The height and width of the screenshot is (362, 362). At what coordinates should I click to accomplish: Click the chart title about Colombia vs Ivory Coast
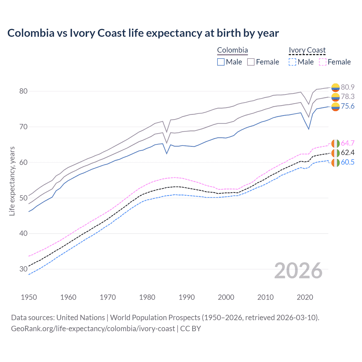coord(143,33)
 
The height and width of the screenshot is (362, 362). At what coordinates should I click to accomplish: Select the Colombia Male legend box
coord(221,62)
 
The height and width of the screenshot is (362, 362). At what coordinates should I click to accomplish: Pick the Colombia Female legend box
coord(251,62)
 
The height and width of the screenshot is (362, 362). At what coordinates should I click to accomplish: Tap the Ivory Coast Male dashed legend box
coord(292,62)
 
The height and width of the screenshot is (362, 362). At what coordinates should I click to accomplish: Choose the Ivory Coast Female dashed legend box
coord(323,62)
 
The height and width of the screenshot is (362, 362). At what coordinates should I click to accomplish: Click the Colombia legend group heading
coord(232,50)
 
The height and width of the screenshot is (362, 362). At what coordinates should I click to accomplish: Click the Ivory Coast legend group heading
coord(307,50)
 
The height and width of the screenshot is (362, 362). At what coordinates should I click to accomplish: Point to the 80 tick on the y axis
coord(23,91)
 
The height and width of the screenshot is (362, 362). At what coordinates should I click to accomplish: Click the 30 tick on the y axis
coord(23,269)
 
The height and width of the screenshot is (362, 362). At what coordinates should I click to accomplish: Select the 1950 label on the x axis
coord(29,297)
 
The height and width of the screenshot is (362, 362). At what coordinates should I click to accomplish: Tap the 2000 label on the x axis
coord(226,297)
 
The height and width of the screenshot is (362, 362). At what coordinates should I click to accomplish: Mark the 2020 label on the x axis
coord(305,297)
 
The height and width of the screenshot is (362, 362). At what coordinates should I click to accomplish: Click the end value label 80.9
coord(348,87)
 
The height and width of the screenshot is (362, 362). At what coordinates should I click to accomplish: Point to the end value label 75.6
coord(348,106)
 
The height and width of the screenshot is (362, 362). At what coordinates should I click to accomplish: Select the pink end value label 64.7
coord(348,143)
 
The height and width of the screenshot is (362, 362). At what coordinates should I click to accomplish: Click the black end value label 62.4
coord(348,153)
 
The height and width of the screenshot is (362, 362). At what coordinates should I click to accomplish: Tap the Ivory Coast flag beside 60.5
coord(335,163)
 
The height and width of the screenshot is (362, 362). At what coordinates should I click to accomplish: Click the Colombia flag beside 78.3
coord(335,97)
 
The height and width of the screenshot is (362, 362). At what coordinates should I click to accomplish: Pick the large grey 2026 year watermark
coord(298,271)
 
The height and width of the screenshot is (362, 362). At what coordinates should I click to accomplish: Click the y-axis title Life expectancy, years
coord(12,181)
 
